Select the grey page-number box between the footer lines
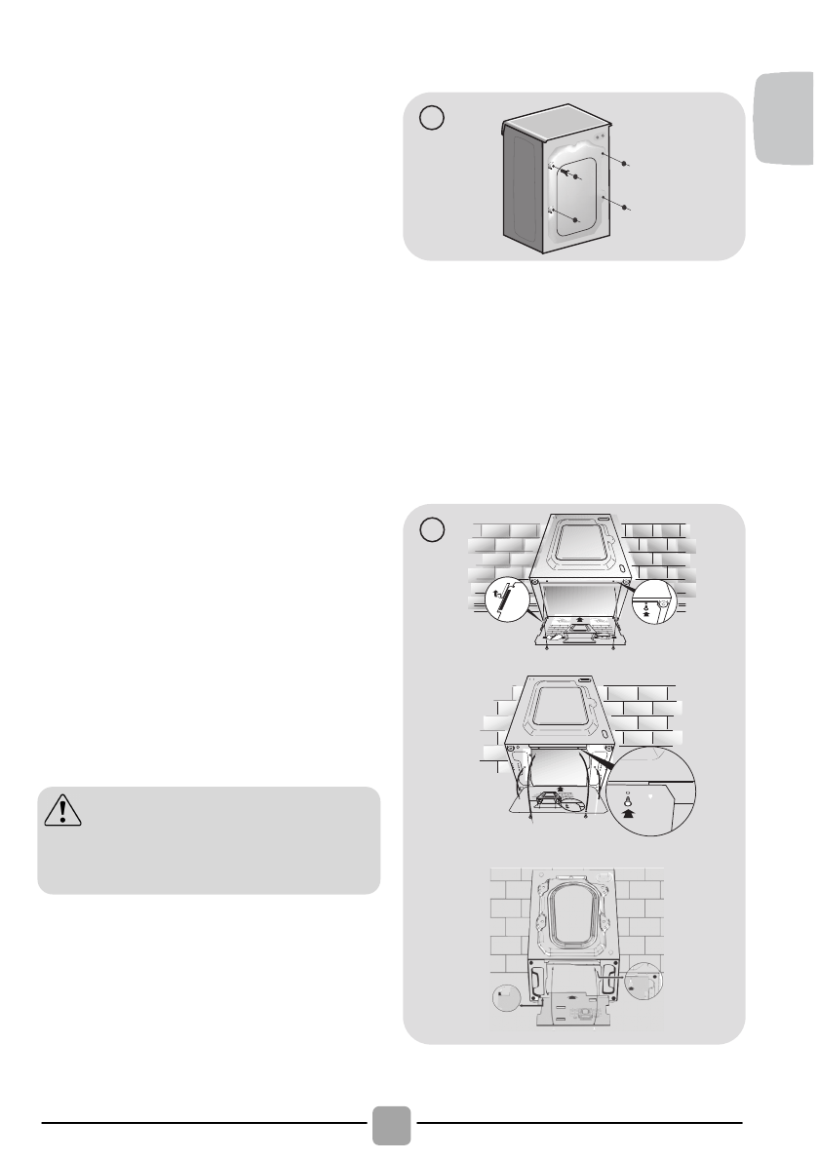point(391,1124)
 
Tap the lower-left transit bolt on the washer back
point(577,220)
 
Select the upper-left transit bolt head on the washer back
point(576,177)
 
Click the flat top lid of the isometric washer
point(556,121)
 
